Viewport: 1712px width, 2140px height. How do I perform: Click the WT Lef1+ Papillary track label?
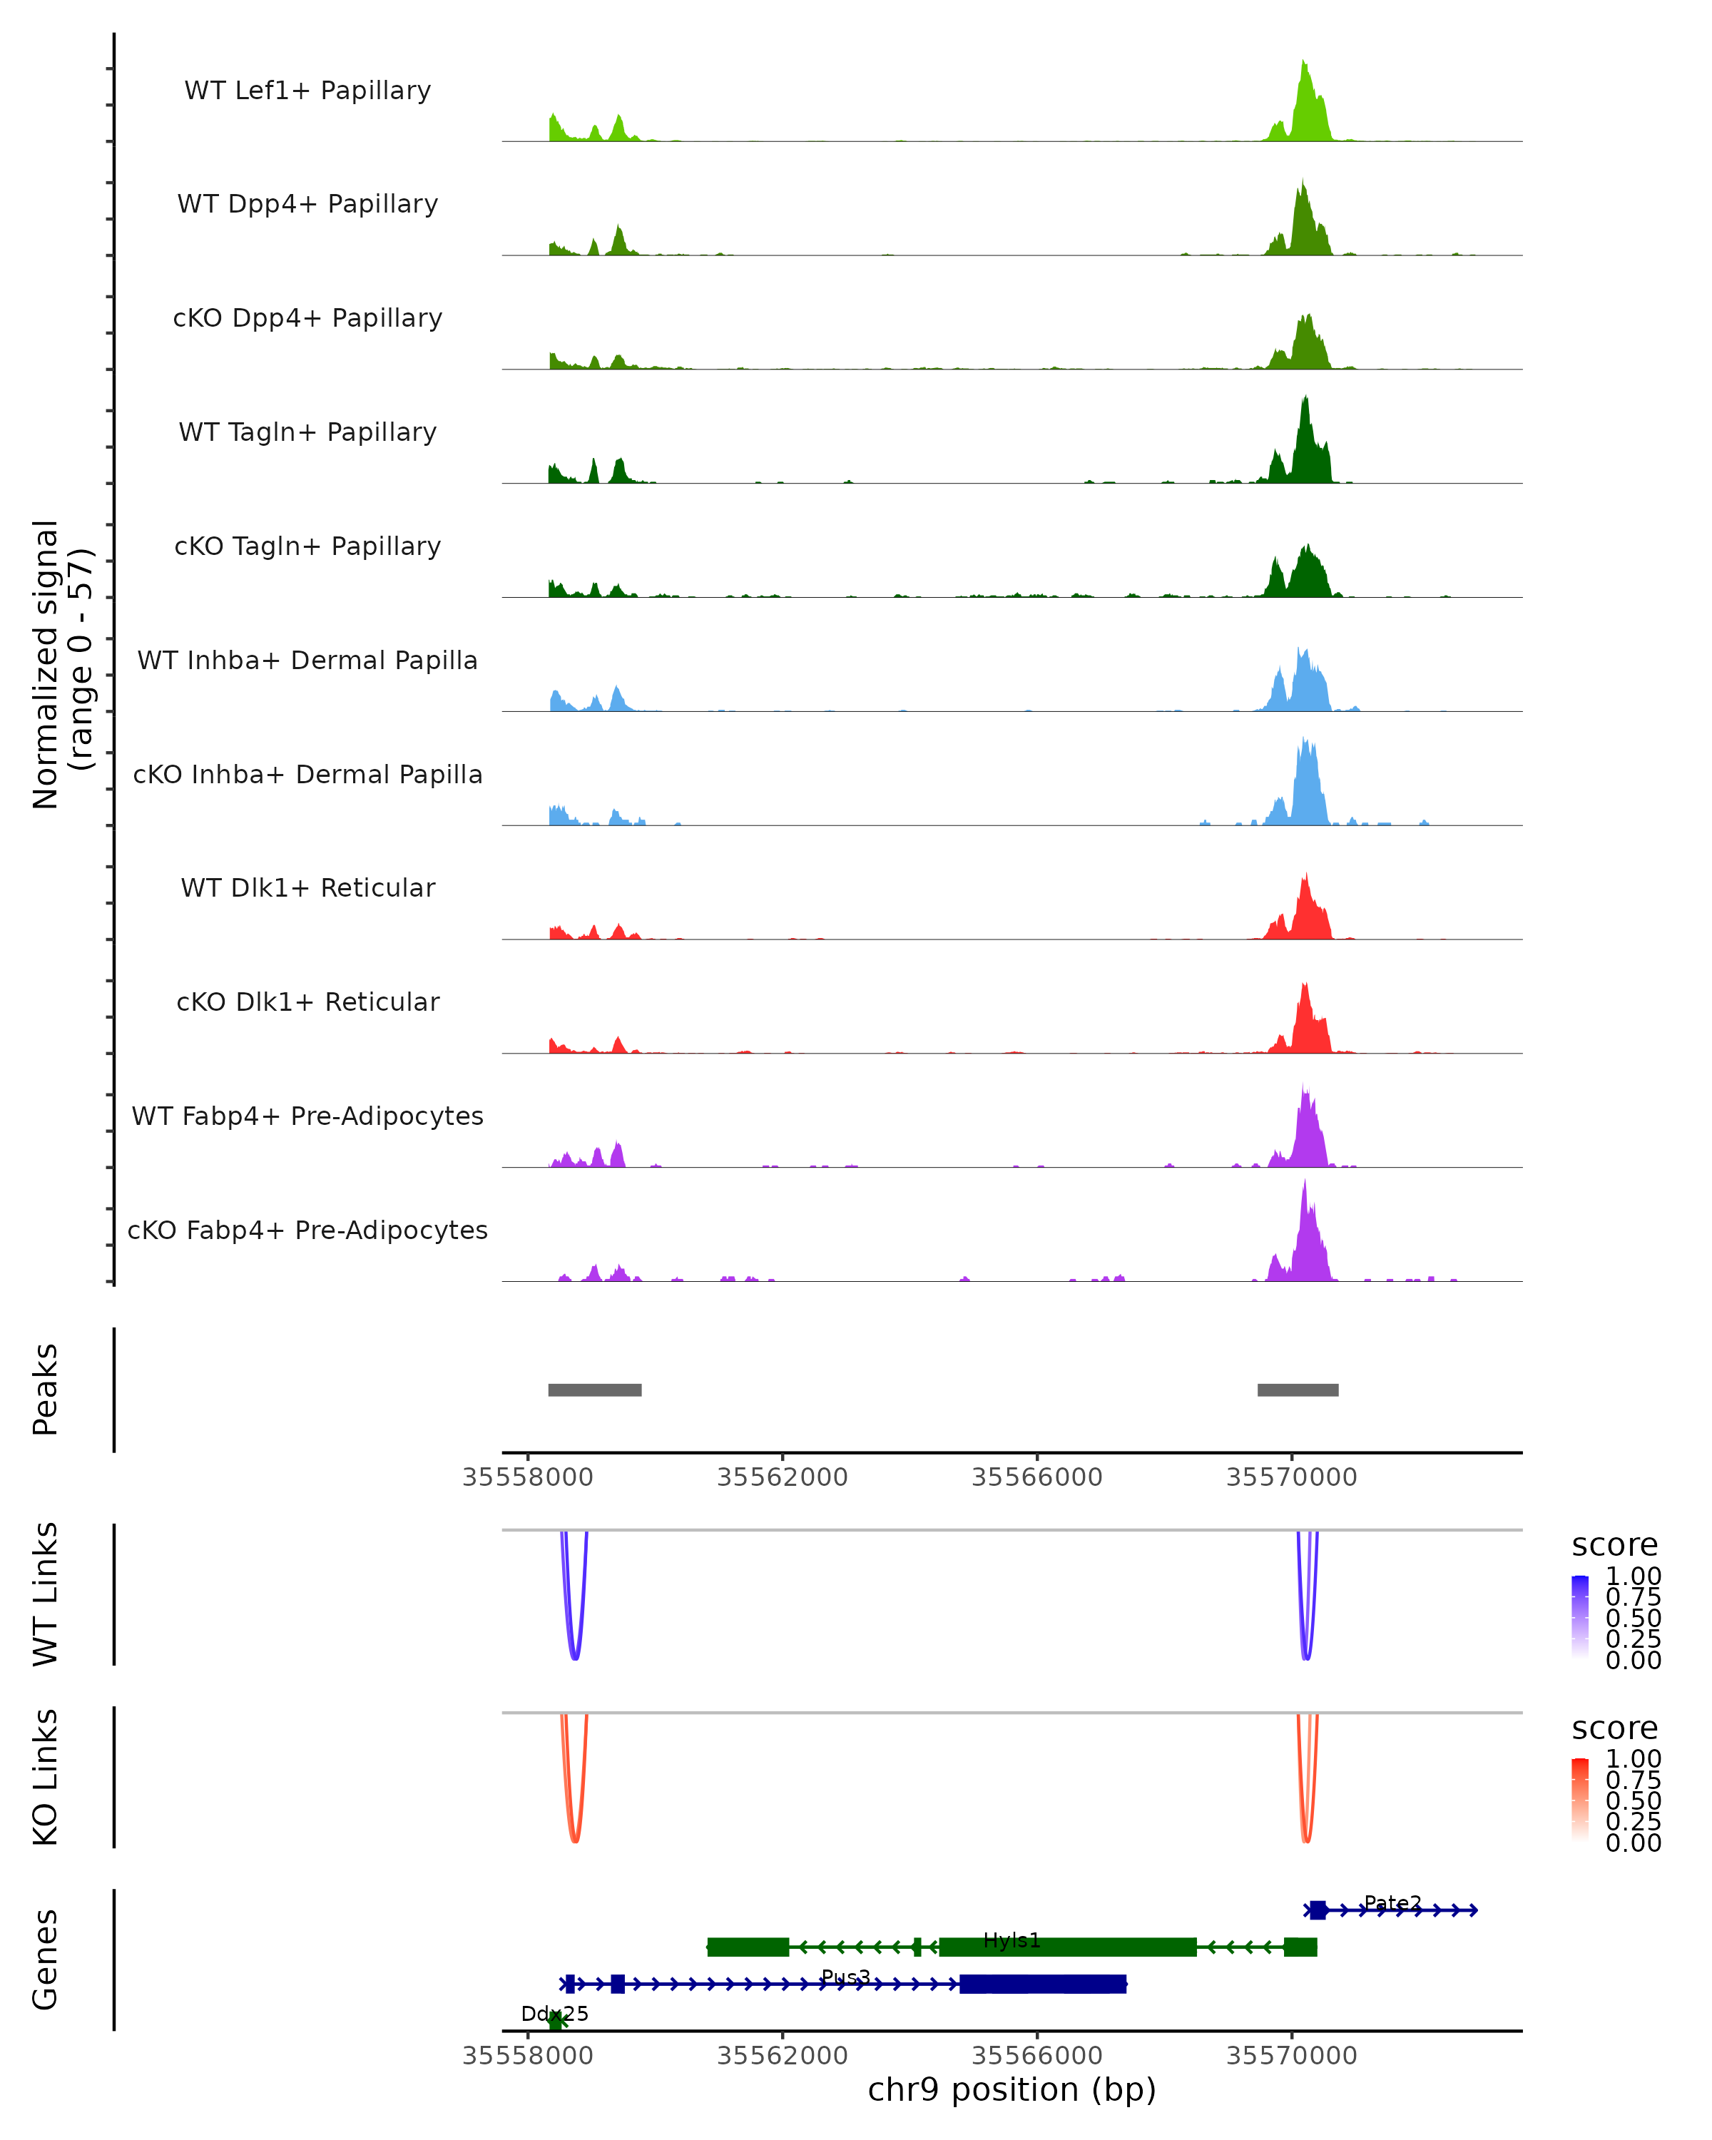307,91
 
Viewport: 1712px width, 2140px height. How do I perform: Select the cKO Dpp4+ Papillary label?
307,317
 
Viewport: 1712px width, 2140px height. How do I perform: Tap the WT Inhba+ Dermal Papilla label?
307,660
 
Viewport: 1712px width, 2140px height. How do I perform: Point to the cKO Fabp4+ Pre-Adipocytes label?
307,1230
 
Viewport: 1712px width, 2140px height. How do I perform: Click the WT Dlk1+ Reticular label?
307,888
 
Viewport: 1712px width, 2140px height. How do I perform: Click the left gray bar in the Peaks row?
594,1390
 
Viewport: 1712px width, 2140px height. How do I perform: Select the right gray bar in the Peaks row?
1297,1390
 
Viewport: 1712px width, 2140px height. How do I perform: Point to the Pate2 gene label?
1392,1902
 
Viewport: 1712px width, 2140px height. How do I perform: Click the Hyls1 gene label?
1012,1940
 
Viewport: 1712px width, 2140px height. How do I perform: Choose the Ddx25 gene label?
555,2014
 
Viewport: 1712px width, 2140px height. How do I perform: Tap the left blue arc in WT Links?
575,1658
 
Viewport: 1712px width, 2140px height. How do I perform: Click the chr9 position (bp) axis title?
1012,2090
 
